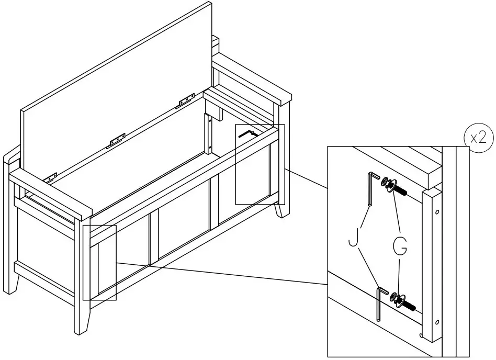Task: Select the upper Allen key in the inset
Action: click(372, 189)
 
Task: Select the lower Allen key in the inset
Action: click(380, 304)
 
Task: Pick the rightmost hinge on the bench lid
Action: click(186, 99)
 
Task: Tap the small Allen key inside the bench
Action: click(246, 133)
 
